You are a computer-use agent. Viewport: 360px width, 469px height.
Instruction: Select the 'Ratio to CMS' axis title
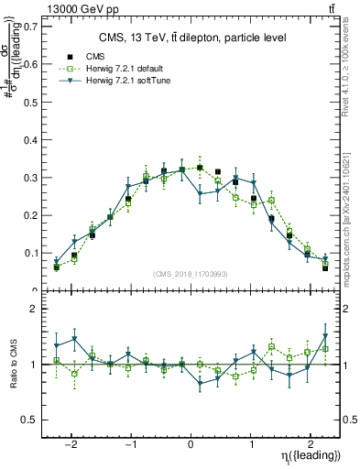12,376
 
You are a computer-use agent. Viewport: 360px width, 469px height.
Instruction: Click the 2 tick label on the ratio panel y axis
36,310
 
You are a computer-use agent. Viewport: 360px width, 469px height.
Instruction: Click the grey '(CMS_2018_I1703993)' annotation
192,274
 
